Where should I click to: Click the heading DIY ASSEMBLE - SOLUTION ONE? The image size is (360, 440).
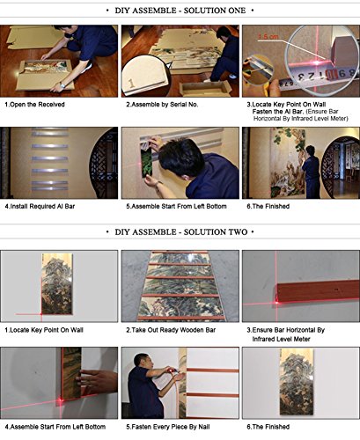pos(180,11)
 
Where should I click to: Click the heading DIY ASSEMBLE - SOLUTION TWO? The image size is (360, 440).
pos(181,232)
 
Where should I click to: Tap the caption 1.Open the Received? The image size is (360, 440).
pos(34,105)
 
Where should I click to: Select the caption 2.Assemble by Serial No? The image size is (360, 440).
pos(162,105)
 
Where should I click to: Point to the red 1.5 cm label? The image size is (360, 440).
pos(268,37)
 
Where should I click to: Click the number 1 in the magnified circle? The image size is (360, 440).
pos(132,84)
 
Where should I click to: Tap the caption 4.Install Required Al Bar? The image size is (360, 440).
pos(40,207)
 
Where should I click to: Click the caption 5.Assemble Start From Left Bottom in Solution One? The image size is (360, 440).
pos(176,207)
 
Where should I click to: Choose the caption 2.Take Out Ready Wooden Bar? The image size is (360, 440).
pos(171,330)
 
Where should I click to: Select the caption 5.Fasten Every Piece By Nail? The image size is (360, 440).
pos(168,427)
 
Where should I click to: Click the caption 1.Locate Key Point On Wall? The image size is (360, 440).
pos(44,330)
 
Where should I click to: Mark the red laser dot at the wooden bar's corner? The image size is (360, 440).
pos(276,302)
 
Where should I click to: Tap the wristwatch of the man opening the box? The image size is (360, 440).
pos(62,85)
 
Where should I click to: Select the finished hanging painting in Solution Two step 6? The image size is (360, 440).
pos(297,382)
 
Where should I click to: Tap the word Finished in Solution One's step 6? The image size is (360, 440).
pos(277,207)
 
